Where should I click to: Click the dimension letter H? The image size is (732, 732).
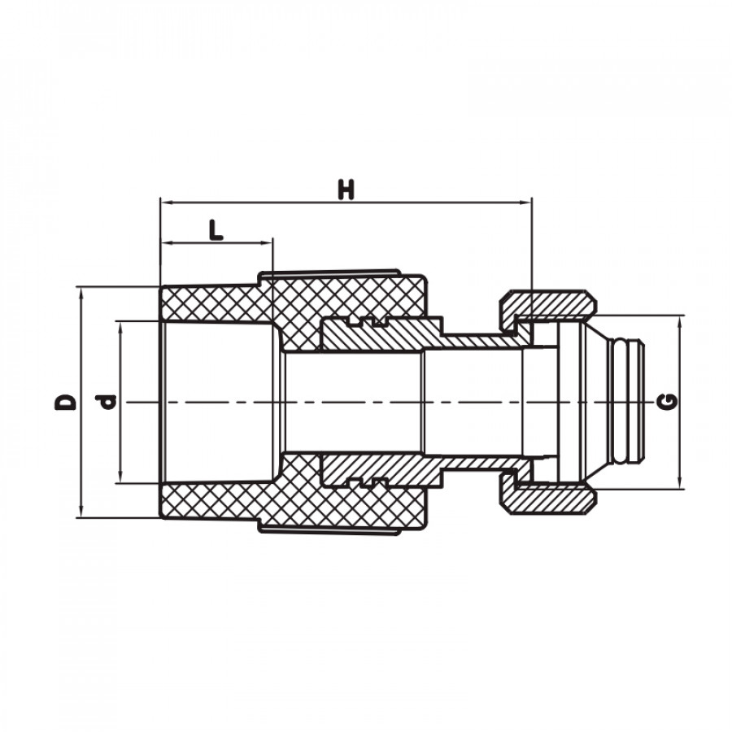click(x=346, y=189)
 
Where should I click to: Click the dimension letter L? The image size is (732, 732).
click(x=216, y=230)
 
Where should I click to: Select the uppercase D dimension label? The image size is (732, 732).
click(x=65, y=402)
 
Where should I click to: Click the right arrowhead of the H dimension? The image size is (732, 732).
click(x=526, y=203)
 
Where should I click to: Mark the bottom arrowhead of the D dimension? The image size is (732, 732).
click(x=81, y=512)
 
